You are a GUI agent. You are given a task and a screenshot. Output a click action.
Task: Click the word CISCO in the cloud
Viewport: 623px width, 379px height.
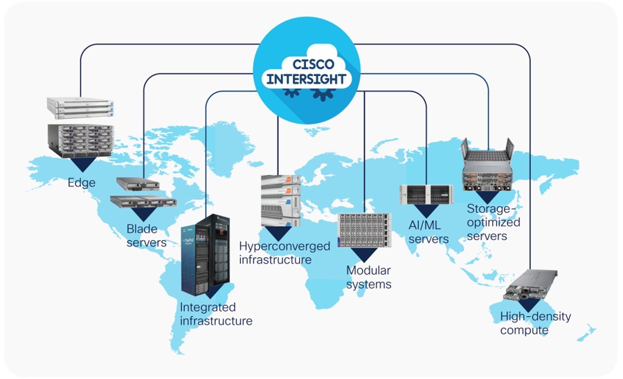pyautogui.click(x=307, y=64)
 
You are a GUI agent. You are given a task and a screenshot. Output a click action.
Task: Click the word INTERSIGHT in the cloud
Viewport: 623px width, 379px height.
pyautogui.click(x=307, y=79)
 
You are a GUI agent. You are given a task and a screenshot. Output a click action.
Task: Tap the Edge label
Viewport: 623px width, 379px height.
pyautogui.click(x=81, y=183)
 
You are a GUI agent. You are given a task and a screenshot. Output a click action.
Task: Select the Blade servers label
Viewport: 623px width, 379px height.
pyautogui.click(x=146, y=236)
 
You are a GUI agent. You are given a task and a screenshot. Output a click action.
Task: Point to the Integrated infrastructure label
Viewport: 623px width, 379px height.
pyautogui.click(x=216, y=314)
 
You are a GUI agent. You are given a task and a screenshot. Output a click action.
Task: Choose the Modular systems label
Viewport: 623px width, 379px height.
pyautogui.click(x=368, y=277)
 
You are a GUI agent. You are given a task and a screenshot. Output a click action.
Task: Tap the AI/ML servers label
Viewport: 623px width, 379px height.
pyautogui.click(x=428, y=232)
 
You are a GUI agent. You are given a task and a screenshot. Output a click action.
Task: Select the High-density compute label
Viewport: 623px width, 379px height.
pyautogui.click(x=535, y=324)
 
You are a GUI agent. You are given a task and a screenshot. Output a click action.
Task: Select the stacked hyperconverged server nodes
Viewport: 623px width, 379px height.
pyautogui.click(x=281, y=200)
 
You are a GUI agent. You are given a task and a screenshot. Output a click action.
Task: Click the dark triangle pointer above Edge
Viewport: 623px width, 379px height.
pyautogui.click(x=82, y=165)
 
